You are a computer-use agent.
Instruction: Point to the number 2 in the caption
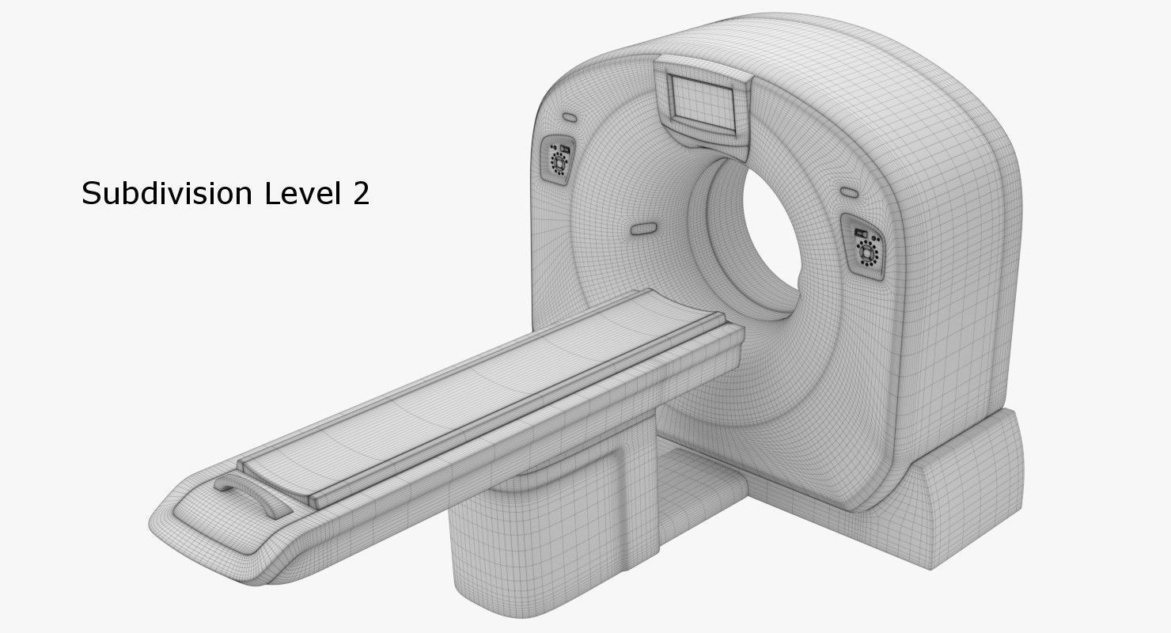(x=360, y=193)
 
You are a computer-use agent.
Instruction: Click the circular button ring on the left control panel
(x=559, y=164)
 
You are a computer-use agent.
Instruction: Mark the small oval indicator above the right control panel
(x=850, y=192)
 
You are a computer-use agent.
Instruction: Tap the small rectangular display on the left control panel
(x=564, y=148)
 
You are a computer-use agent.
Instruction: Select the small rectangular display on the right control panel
(x=859, y=233)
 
